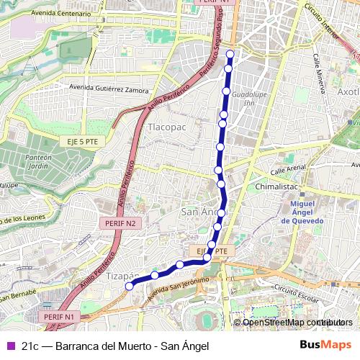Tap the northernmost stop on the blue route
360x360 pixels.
[x=230, y=54]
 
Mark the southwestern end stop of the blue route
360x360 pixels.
[x=130, y=286]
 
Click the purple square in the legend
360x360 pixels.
[x=9, y=346]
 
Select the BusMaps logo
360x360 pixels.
[x=325, y=345]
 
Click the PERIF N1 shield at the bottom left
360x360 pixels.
[x=59, y=316]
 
